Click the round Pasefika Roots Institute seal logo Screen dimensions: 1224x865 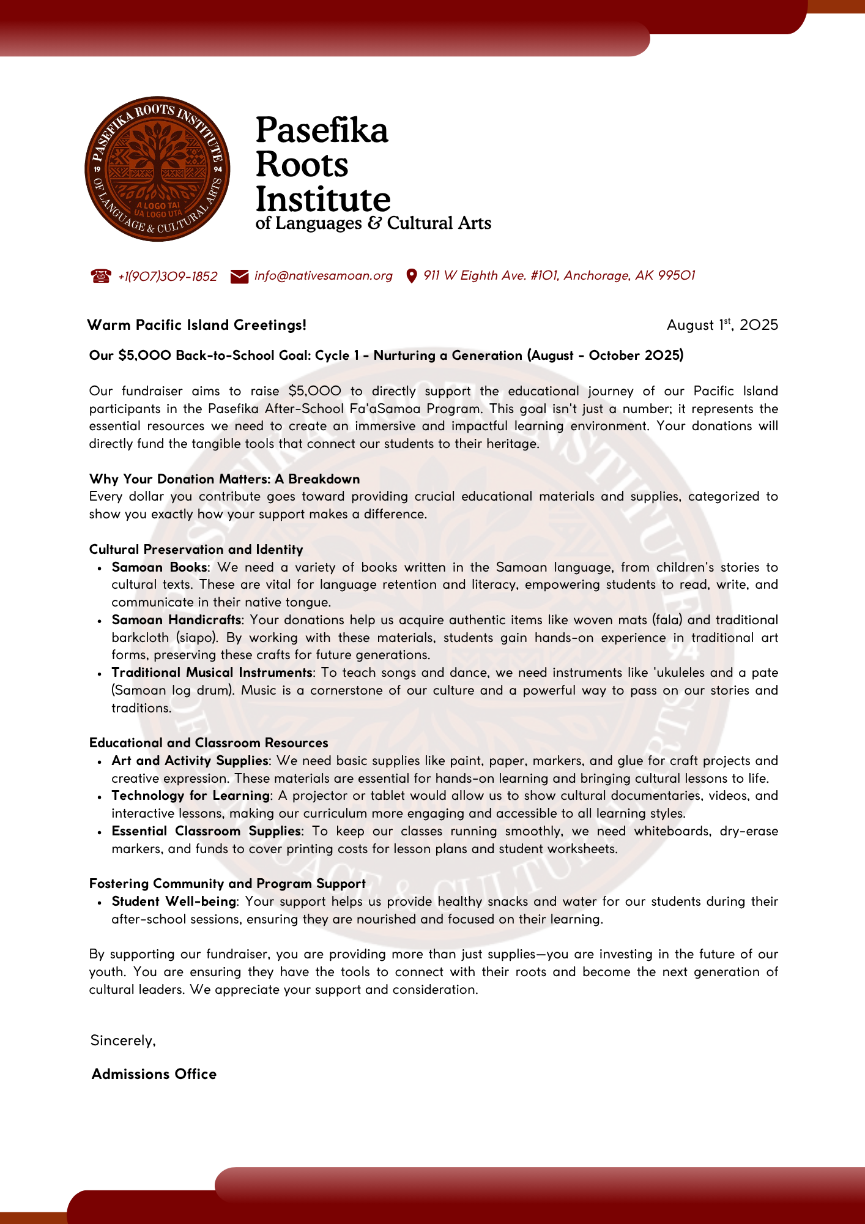157,169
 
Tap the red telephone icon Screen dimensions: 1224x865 101,276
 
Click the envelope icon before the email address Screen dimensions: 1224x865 239,277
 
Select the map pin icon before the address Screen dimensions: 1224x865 412,276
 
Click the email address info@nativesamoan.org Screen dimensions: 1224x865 323,276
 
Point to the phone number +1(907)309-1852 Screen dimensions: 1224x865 168,277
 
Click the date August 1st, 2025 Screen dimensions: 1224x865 722,324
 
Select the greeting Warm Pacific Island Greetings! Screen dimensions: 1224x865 196,325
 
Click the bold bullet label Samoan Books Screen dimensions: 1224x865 159,567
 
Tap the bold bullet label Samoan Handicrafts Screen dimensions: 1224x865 177,620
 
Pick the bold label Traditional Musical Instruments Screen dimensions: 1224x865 212,673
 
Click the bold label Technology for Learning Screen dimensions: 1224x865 191,796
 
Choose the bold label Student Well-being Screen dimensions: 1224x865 174,901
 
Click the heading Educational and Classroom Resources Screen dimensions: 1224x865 209,743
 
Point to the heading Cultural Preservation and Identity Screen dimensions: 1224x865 196,550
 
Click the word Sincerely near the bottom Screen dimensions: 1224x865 122,1040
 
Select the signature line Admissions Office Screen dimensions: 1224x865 154,1074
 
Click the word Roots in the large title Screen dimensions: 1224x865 302,165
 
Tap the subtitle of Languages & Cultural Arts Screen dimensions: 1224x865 373,223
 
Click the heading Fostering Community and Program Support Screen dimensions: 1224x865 227,884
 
